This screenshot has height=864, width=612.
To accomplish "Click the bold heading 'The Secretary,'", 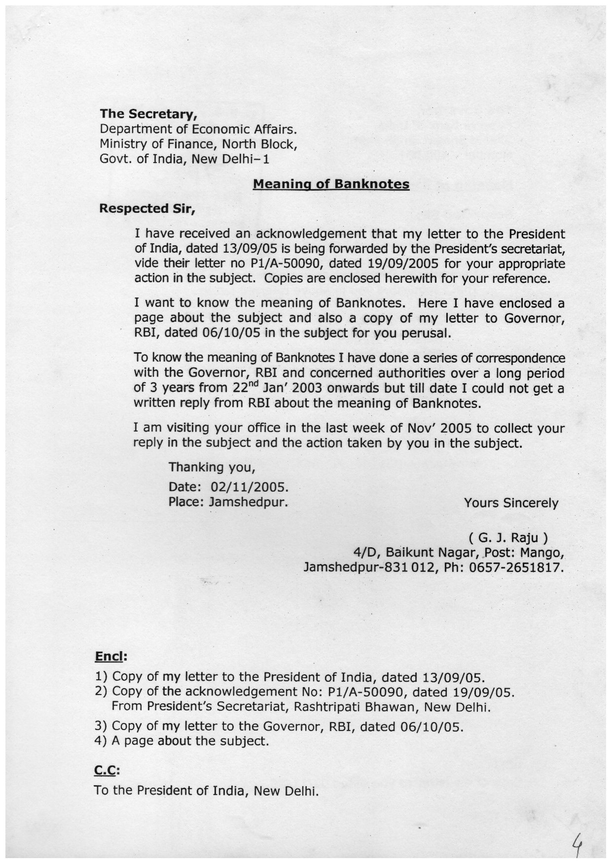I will point(148,114).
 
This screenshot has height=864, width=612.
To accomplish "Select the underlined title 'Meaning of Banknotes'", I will point(331,184).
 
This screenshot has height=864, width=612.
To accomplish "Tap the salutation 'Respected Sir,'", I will point(147,209).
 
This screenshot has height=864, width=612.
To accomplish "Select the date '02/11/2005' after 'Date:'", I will point(249,487).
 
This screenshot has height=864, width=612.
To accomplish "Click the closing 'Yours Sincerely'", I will point(511,503).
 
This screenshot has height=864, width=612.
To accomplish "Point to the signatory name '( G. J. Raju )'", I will point(508,536).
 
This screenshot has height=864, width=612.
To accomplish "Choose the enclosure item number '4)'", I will point(101,741).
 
